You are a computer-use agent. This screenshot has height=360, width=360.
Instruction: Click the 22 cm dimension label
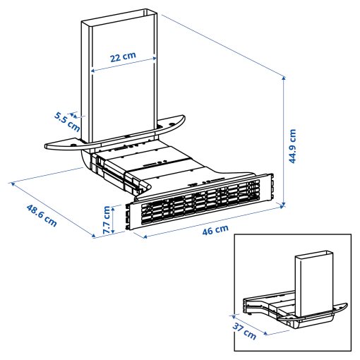point(124,55)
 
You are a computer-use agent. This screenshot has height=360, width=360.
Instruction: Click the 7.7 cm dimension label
point(107,220)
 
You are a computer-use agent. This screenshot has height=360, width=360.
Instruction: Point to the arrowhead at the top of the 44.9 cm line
point(284,75)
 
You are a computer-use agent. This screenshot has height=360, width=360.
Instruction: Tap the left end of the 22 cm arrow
point(92,70)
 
